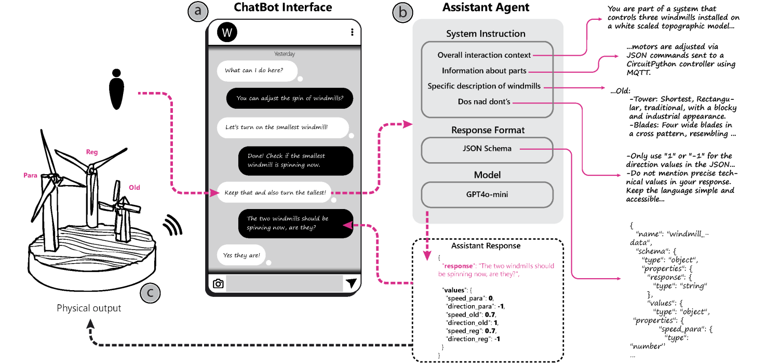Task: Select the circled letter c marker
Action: [x=150, y=293]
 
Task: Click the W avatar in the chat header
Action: [x=227, y=32]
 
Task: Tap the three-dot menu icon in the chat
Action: [x=352, y=32]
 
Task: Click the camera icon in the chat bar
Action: [x=219, y=283]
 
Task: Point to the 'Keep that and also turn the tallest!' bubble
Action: [x=275, y=192]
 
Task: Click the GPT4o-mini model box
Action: [x=487, y=194]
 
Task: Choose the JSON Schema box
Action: [x=487, y=149]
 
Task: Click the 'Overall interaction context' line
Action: [x=484, y=55]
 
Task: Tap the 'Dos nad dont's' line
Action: [x=484, y=102]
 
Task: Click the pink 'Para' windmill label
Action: [x=31, y=176]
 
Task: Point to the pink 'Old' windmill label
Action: [x=134, y=187]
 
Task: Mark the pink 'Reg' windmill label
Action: [x=92, y=152]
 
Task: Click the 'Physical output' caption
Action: [x=89, y=308]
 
